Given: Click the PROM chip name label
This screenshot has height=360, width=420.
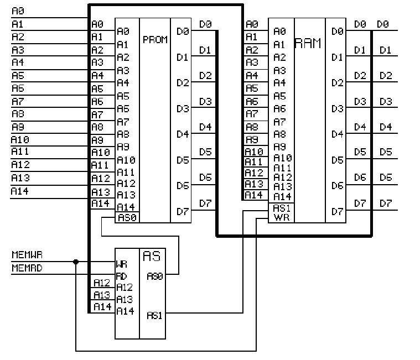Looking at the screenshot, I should pyautogui.click(x=155, y=40).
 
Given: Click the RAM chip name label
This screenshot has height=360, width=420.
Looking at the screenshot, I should pyautogui.click(x=308, y=44).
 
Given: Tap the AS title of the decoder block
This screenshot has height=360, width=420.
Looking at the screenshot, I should pyautogui.click(x=152, y=256).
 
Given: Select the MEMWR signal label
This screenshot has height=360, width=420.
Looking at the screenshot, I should pyautogui.click(x=27, y=255).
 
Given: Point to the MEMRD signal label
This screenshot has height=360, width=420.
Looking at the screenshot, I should pyautogui.click(x=27, y=268).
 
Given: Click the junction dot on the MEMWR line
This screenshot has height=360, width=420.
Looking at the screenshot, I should pyautogui.click(x=76, y=261).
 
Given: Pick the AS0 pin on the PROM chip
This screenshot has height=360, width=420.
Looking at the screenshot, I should pyautogui.click(x=127, y=218).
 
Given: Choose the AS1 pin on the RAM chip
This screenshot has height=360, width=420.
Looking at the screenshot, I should pyautogui.click(x=282, y=208).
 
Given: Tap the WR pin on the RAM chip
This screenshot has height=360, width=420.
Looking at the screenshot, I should pyautogui.click(x=282, y=218).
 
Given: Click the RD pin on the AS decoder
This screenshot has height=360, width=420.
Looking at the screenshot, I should pyautogui.click(x=122, y=275).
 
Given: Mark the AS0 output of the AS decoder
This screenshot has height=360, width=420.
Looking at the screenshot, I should pyautogui.click(x=155, y=275).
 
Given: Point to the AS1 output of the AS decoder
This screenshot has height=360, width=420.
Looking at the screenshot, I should pyautogui.click(x=155, y=315).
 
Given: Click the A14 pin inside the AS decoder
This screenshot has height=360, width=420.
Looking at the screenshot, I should pyautogui.click(x=125, y=311).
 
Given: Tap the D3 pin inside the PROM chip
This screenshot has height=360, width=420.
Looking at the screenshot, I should pyautogui.click(x=182, y=108).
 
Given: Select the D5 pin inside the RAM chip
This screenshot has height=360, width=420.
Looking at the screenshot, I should pyautogui.click(x=337, y=160).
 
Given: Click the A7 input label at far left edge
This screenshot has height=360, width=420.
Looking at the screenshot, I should pyautogui.click(x=18, y=101).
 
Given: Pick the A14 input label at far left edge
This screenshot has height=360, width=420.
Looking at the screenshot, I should pyautogui.click(x=20, y=191).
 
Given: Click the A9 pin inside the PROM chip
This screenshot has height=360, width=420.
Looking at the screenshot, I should pyautogui.click(x=123, y=147).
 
